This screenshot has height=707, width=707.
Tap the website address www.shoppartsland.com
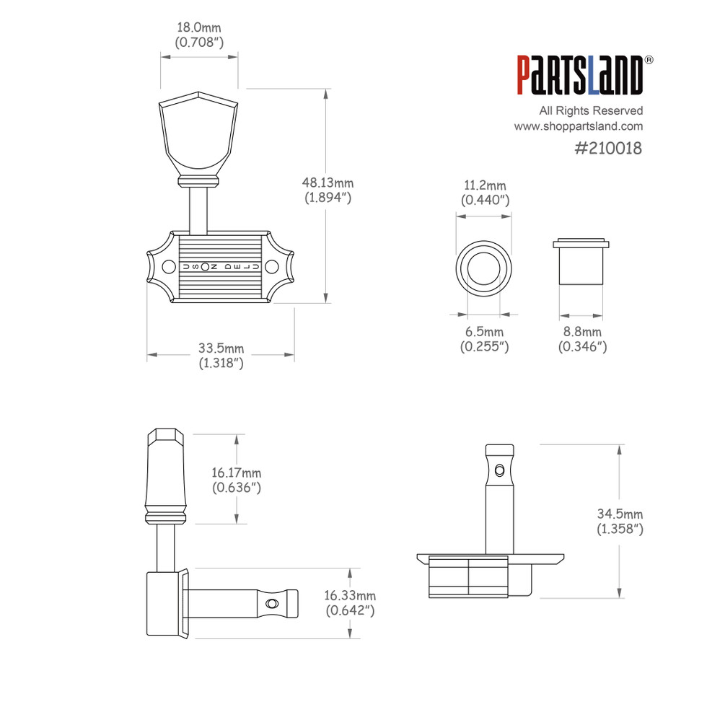[x=578, y=126]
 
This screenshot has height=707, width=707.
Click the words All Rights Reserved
[x=591, y=110]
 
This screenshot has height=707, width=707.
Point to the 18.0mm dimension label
[x=199, y=35]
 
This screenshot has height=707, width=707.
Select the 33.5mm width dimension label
[x=221, y=356]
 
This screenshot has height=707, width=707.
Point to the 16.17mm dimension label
[x=236, y=480]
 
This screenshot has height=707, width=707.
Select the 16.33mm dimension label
[x=350, y=603]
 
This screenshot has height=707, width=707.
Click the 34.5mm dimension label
[x=619, y=521]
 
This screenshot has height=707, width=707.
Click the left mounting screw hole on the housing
[x=167, y=267]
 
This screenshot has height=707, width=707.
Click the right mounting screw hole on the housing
[x=272, y=267]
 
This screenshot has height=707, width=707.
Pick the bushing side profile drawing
[x=581, y=261]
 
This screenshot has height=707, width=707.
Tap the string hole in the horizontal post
[x=272, y=603]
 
